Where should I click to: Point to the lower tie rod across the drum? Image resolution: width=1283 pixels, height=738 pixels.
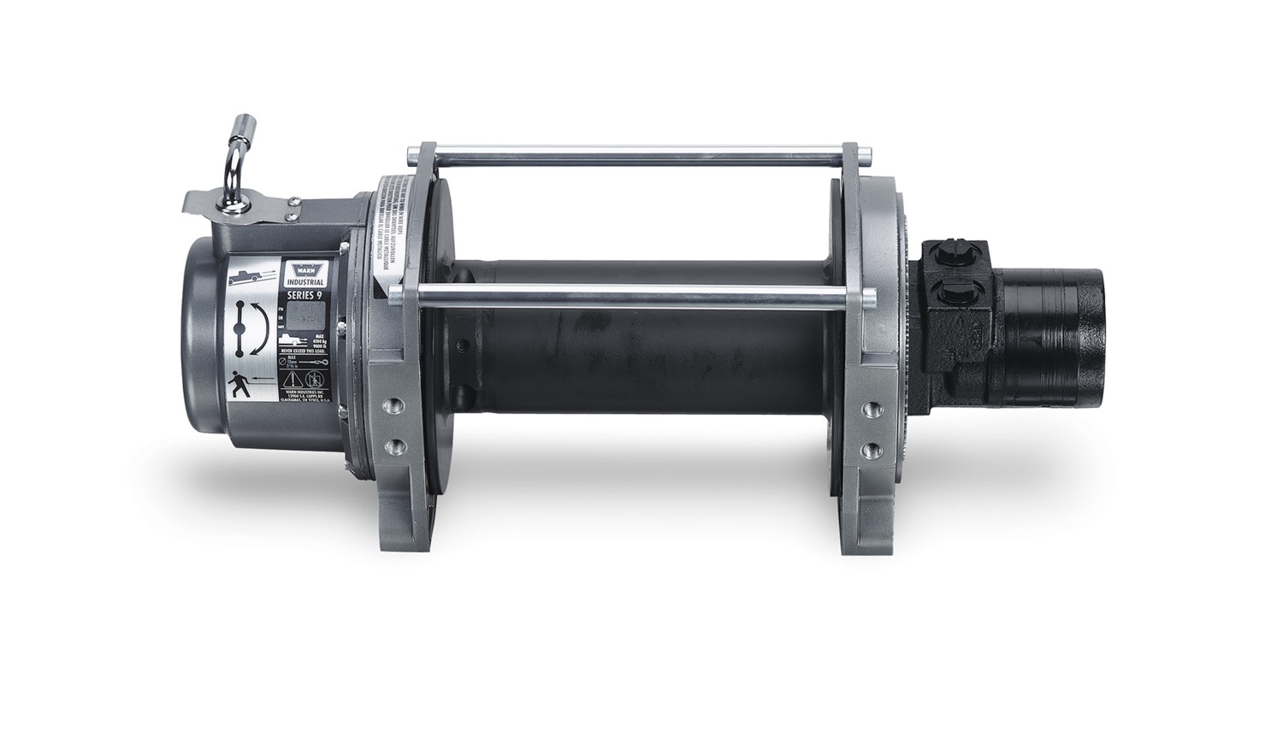coord(633,297)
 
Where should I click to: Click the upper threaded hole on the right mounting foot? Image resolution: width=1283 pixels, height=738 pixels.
coord(873,404)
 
